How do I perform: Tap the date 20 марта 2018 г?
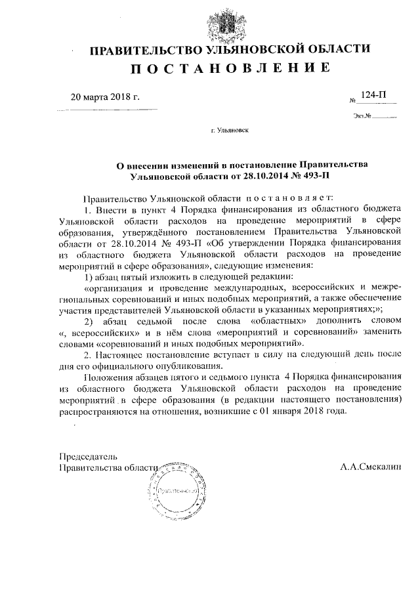click(105, 98)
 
